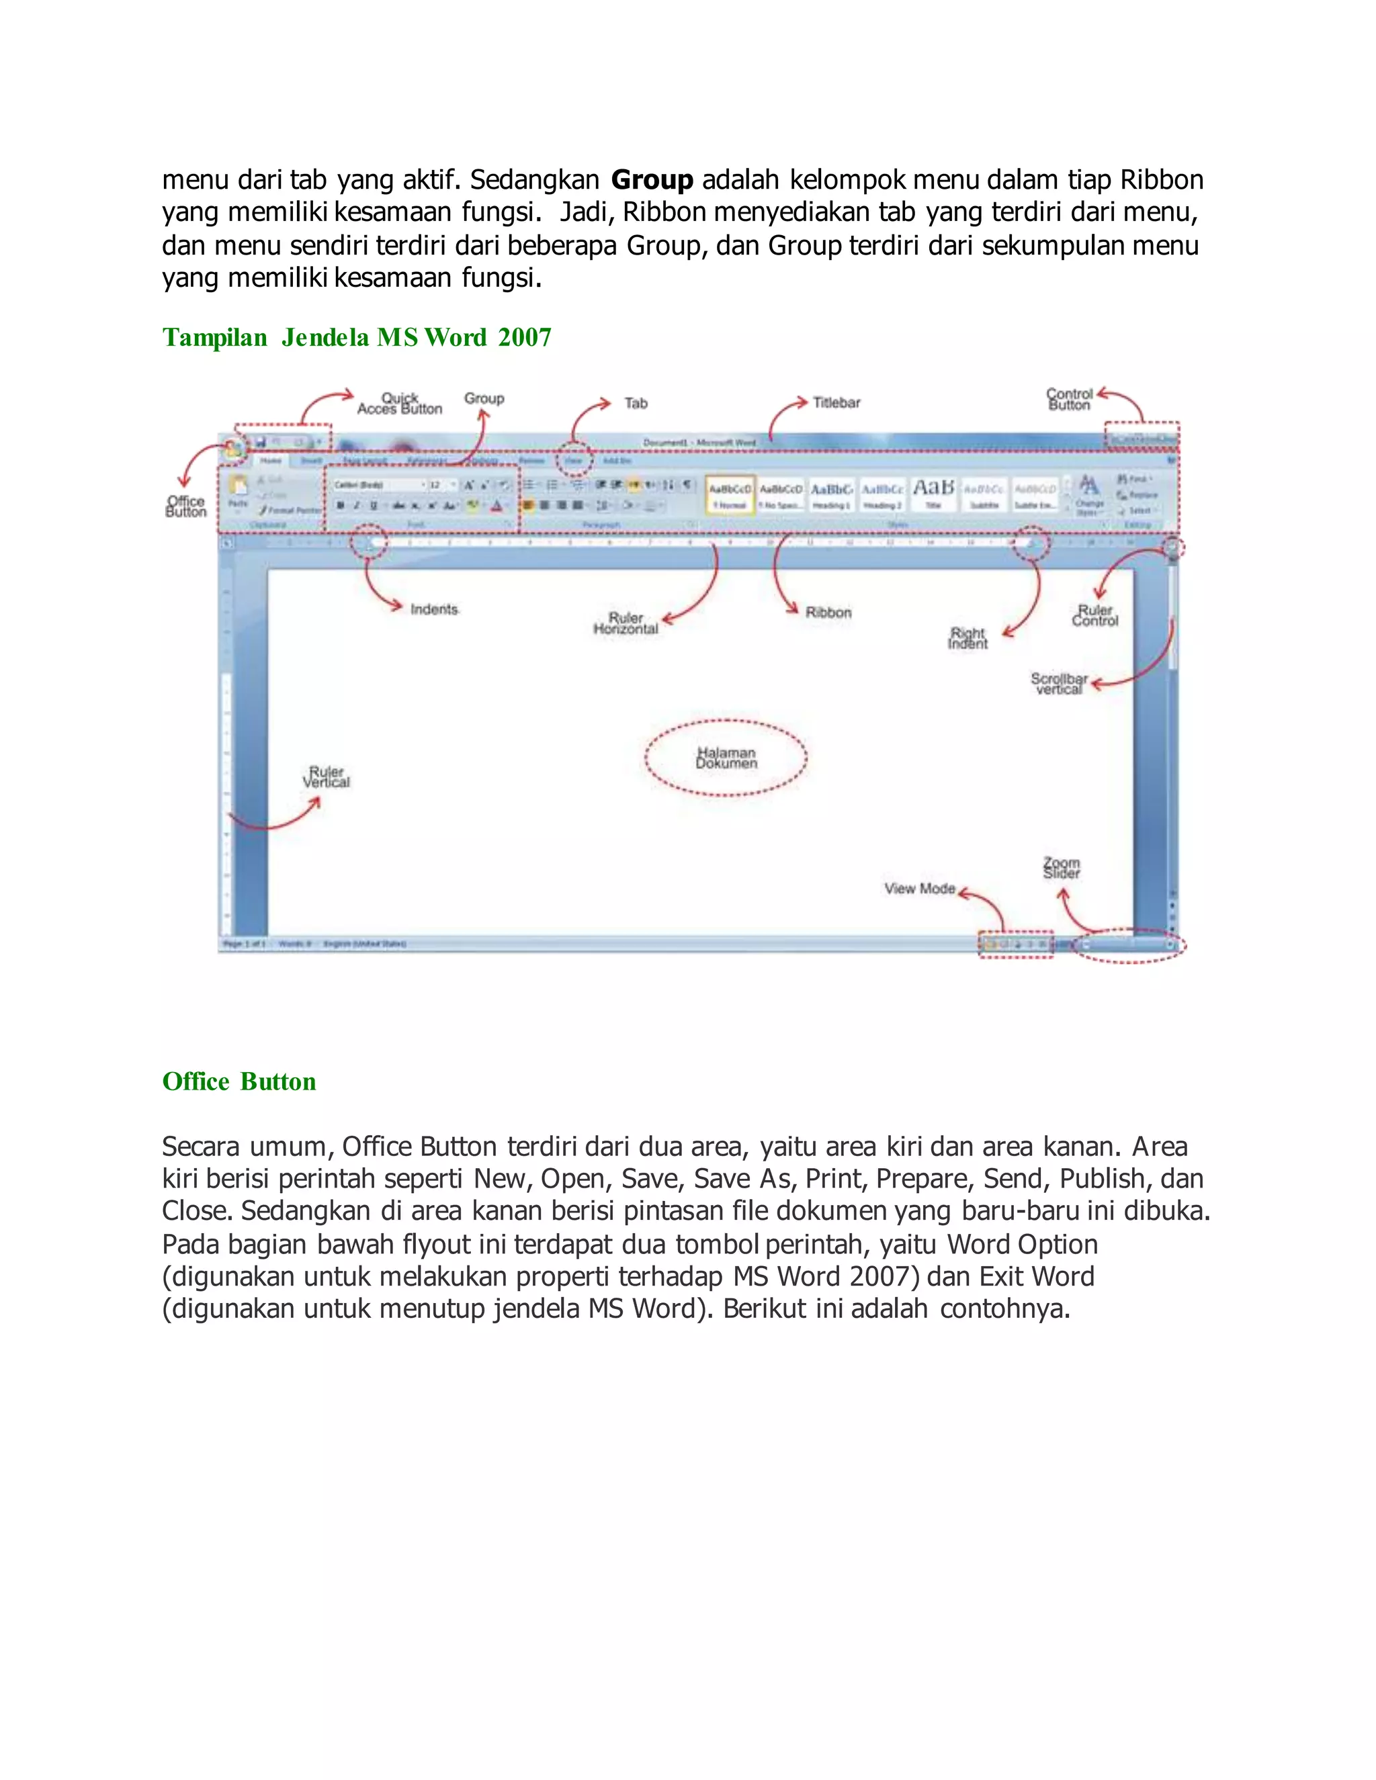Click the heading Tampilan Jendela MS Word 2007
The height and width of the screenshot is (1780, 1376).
[x=356, y=337]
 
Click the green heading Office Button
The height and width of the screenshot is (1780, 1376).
[x=239, y=1081]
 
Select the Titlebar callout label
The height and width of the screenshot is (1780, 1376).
[x=836, y=402]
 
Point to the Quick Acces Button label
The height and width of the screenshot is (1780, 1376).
[x=400, y=404]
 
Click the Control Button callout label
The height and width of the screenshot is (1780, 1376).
[x=1069, y=400]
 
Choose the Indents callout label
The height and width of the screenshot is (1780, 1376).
[x=435, y=610]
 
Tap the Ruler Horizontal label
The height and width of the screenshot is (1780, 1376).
[x=626, y=623]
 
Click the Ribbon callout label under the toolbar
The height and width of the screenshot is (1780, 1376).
[x=828, y=612]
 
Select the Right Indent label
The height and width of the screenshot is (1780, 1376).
[x=967, y=638]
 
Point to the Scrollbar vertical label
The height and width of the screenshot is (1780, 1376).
[x=1058, y=684]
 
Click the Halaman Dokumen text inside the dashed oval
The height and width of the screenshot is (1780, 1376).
[x=726, y=758]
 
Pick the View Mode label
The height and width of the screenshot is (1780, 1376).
[x=920, y=889]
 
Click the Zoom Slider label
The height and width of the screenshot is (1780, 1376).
[x=1062, y=868]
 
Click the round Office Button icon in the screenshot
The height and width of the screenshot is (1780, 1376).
[x=232, y=447]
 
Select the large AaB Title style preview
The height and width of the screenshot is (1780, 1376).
[x=933, y=493]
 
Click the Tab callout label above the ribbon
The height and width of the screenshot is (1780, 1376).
[x=636, y=404]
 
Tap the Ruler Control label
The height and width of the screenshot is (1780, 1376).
[x=1094, y=615]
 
